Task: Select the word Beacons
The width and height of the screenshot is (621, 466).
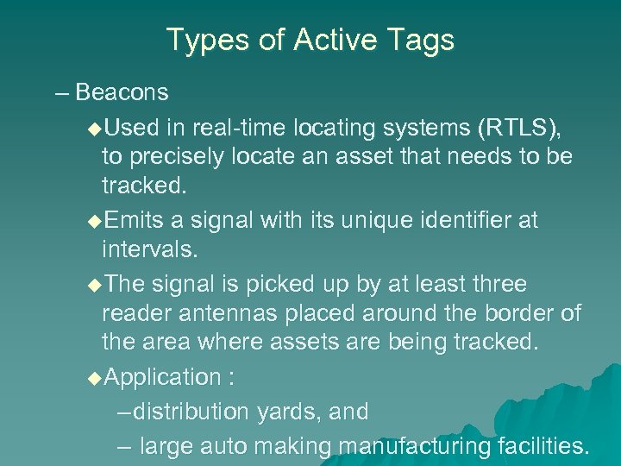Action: point(122,91)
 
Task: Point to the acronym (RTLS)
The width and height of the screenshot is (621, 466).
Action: point(518,129)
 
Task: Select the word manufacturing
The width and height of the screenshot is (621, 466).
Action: point(416,446)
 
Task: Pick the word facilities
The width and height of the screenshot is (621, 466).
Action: point(543,446)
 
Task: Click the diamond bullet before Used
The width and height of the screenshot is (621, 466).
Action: point(94,129)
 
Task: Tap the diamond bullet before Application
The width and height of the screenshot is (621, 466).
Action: point(94,378)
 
